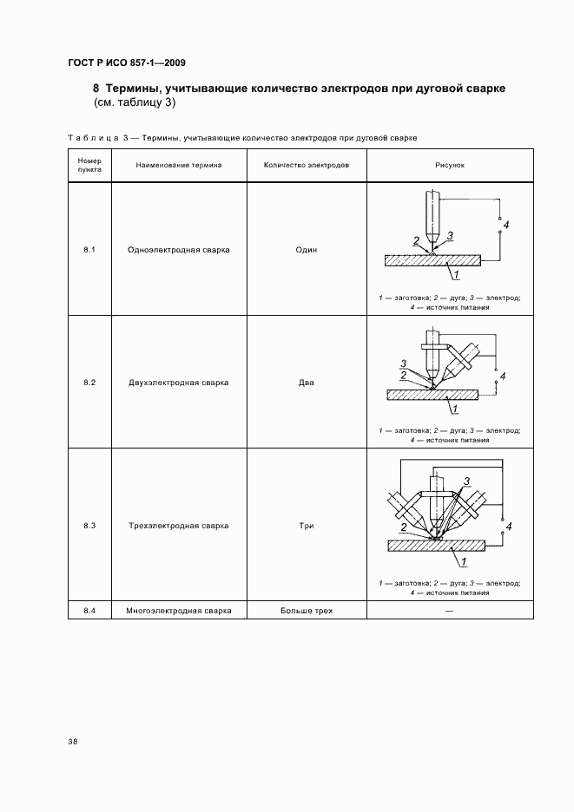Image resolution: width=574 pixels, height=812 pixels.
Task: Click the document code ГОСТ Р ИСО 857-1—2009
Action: (x=125, y=63)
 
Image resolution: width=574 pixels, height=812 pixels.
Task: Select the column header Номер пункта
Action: (x=89, y=165)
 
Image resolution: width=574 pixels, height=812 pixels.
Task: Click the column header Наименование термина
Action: (x=178, y=165)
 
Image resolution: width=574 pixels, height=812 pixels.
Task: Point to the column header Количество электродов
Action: (x=306, y=165)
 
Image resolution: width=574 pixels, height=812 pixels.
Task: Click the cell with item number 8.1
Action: (x=89, y=250)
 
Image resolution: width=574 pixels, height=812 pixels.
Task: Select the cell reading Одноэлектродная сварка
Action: (x=178, y=250)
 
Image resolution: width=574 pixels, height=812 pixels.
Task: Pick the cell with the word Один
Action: (x=306, y=250)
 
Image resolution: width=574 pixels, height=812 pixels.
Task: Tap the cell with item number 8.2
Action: (x=89, y=383)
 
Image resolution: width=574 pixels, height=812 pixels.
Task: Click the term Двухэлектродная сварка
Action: (x=178, y=383)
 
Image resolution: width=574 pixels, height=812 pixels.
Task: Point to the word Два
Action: (x=306, y=383)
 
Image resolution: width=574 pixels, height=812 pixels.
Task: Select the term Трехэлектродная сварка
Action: (x=178, y=526)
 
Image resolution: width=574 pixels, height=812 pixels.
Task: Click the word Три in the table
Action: (x=306, y=526)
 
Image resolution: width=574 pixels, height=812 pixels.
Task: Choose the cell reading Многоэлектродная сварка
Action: (x=178, y=611)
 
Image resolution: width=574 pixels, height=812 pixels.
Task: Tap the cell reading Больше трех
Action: (x=306, y=611)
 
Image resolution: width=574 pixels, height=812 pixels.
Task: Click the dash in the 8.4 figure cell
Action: (x=449, y=611)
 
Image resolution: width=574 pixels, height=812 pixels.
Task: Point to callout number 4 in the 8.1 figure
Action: (x=506, y=226)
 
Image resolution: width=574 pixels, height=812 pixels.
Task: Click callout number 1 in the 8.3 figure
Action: (x=465, y=562)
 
